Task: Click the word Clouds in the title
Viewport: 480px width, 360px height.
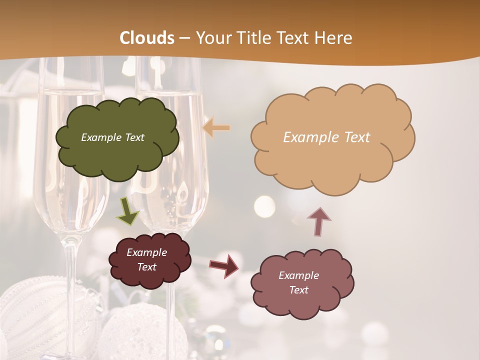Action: (x=147, y=38)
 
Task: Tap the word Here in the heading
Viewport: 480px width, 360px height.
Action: (x=334, y=38)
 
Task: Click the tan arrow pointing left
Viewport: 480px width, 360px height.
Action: (x=216, y=128)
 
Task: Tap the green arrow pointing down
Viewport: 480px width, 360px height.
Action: (x=128, y=211)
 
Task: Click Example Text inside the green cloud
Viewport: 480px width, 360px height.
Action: (x=112, y=137)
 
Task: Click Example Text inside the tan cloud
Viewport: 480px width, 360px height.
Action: (x=326, y=137)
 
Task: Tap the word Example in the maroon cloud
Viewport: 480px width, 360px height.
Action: (x=146, y=252)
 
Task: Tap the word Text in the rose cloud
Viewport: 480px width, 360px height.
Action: (x=298, y=290)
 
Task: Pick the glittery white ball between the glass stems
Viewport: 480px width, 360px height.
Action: (x=132, y=330)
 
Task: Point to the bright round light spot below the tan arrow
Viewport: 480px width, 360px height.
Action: (x=264, y=205)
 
